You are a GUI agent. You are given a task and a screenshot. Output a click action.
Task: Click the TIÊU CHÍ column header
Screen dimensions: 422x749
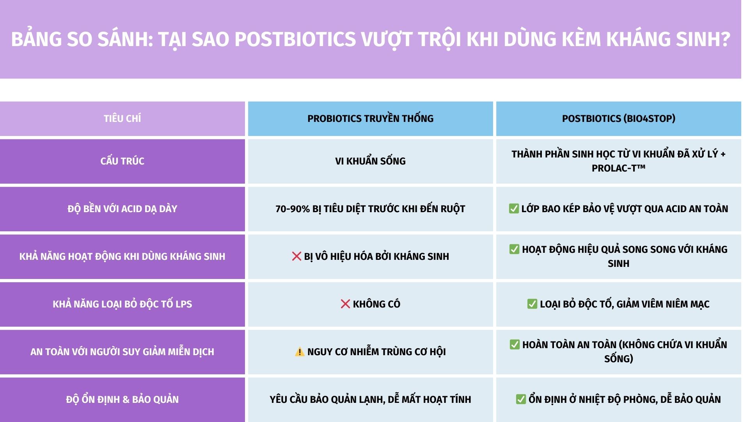122,118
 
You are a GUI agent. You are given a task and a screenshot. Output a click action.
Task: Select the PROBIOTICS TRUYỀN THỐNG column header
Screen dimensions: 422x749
370,118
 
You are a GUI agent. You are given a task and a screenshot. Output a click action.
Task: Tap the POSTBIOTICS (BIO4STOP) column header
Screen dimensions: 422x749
618,118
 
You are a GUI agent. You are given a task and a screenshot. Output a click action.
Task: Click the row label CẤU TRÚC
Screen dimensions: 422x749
122,161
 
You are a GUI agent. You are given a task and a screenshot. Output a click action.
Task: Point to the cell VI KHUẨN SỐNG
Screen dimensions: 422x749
370,161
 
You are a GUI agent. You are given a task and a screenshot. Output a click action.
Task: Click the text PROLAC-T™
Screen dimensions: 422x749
618,168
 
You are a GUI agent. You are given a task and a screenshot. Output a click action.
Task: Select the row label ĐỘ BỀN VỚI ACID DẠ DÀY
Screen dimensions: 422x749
122,209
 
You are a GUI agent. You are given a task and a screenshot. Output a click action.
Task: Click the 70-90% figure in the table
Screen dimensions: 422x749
292,209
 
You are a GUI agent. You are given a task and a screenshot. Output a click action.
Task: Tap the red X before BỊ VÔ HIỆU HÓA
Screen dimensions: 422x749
296,256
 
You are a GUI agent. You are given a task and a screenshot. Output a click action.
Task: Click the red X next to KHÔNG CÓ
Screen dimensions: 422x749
345,304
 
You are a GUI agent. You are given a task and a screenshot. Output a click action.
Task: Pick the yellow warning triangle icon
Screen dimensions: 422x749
299,352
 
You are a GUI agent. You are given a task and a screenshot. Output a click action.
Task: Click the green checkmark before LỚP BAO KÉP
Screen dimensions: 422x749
514,209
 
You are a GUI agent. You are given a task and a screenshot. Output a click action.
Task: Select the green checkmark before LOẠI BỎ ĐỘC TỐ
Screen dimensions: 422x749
532,304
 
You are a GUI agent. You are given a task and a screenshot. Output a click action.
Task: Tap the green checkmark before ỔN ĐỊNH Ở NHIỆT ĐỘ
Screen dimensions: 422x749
521,399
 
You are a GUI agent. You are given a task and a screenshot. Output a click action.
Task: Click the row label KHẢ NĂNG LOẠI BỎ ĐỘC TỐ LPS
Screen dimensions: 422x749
122,304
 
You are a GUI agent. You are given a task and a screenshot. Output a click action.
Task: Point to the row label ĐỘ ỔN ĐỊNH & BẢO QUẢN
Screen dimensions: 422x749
122,399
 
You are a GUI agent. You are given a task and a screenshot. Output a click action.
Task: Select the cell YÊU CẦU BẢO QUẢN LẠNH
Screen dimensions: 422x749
370,399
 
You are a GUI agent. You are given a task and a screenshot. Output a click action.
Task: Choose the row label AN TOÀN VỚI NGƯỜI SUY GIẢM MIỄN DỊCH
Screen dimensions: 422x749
122,352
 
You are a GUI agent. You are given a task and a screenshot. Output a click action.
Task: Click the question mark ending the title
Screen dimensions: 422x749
725,39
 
